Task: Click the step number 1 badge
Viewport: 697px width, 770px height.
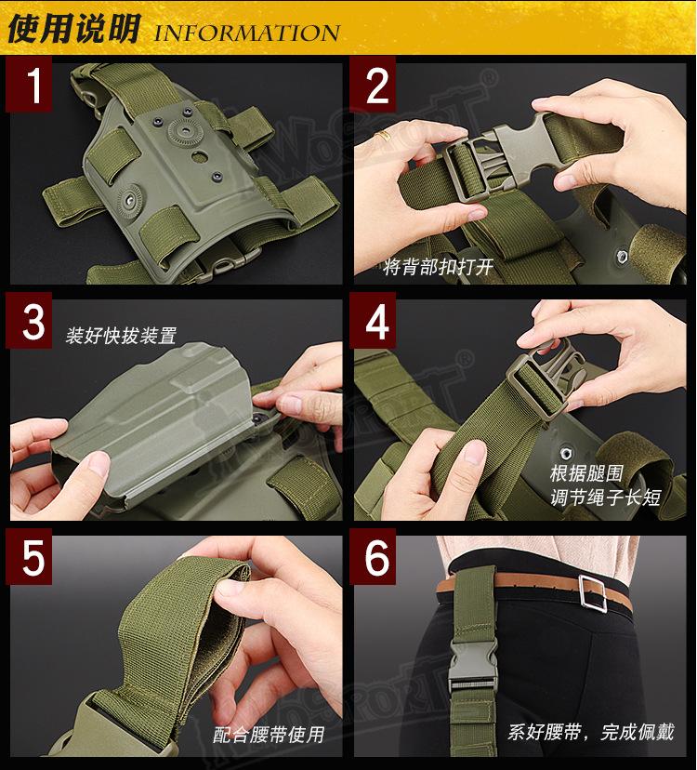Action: tap(29, 84)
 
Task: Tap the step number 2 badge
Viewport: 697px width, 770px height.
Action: tap(373, 84)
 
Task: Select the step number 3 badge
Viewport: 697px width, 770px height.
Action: tap(29, 321)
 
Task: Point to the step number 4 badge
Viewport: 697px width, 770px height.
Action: tap(373, 321)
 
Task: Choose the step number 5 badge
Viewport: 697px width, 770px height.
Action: tap(29, 557)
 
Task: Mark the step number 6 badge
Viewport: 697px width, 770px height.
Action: tap(373, 557)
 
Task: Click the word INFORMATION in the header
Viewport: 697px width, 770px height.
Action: tap(247, 33)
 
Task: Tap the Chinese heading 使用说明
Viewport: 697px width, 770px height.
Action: tap(74, 29)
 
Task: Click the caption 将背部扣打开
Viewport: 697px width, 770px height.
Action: tap(438, 267)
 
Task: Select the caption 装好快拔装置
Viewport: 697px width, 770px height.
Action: tap(121, 336)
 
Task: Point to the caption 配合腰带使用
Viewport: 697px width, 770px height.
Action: tap(269, 735)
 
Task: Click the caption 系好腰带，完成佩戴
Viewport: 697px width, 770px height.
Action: tap(591, 732)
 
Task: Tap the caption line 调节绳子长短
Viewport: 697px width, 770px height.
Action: tap(606, 498)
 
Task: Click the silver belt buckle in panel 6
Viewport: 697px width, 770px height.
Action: tap(592, 593)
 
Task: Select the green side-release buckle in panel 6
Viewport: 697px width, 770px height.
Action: tap(473, 664)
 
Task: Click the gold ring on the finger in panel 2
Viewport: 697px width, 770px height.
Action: tap(383, 136)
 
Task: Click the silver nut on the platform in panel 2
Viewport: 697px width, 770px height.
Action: tap(622, 256)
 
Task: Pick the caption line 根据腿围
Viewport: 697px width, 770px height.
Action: tap(586, 473)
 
